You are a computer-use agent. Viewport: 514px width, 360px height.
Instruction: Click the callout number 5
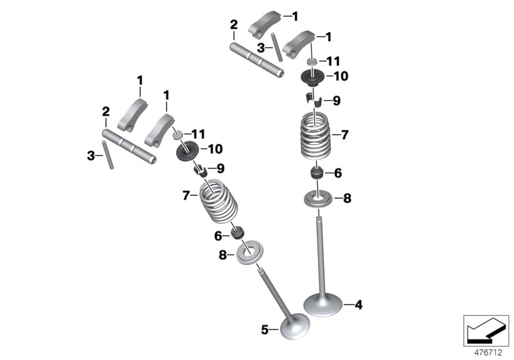[264, 330]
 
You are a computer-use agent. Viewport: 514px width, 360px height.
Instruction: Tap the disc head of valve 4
[321, 303]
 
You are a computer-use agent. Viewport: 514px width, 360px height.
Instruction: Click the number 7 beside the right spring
[344, 136]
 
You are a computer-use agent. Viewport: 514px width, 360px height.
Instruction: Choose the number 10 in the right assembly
[340, 76]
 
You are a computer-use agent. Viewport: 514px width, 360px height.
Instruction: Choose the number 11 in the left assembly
[198, 134]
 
